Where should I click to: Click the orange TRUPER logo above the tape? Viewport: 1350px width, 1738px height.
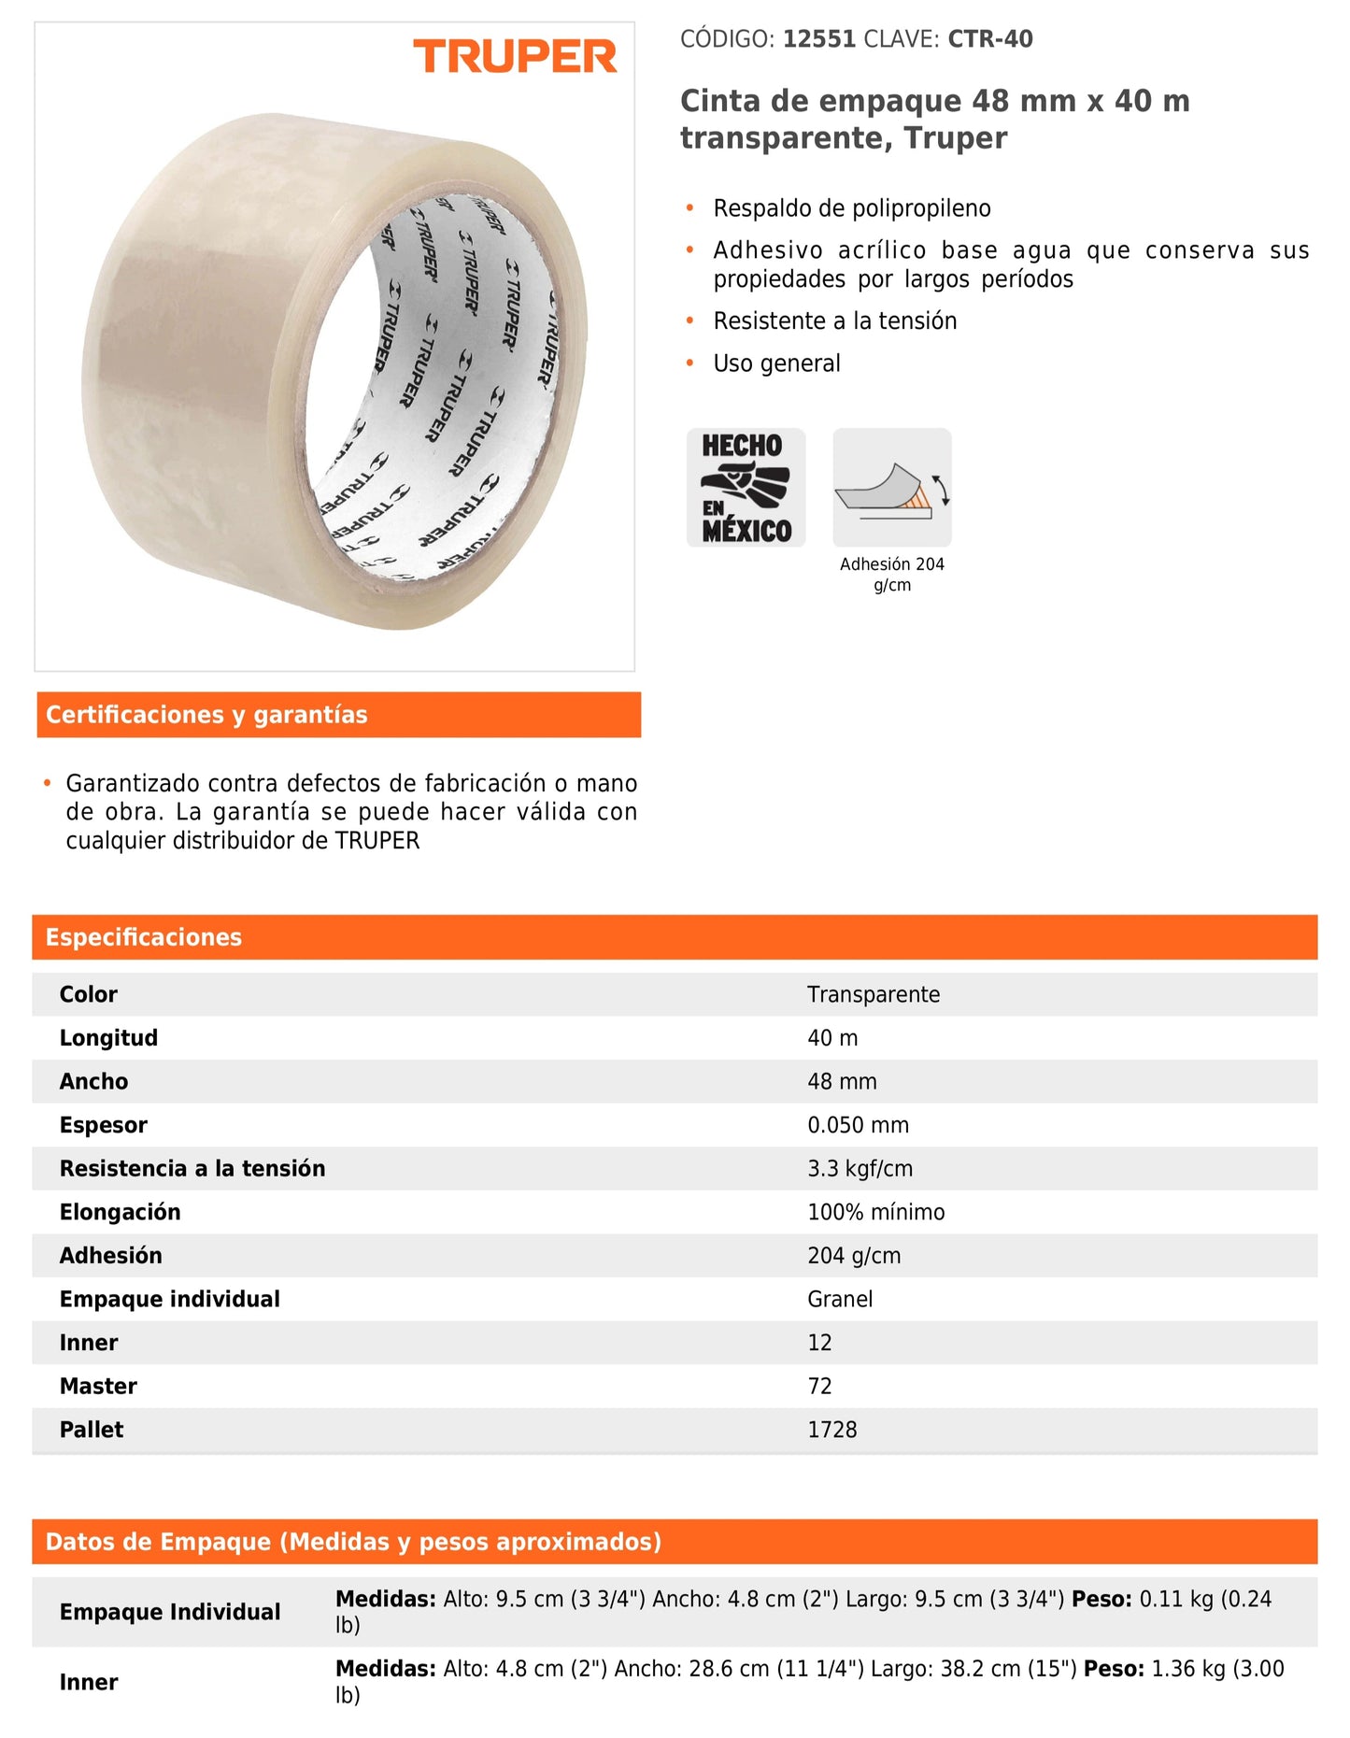pyautogui.click(x=515, y=56)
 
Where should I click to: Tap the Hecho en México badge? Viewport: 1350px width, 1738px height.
pyautogui.click(x=746, y=488)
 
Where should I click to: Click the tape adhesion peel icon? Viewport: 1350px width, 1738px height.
pyautogui.click(x=892, y=488)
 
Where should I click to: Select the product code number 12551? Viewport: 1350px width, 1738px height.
pyautogui.click(x=818, y=39)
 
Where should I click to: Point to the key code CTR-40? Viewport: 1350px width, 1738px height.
pyautogui.click(x=990, y=39)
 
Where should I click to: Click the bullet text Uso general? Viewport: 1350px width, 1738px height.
pyautogui.click(x=776, y=363)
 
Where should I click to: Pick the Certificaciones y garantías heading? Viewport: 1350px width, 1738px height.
pyautogui.click(x=206, y=715)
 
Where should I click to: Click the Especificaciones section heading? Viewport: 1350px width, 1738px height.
pyautogui.click(x=144, y=937)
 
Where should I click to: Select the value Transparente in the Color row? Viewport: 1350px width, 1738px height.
pyautogui.click(x=874, y=994)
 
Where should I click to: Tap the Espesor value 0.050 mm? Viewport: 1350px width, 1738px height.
pyautogui.click(x=858, y=1125)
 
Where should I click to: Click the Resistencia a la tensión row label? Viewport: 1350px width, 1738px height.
pyautogui.click(x=192, y=1168)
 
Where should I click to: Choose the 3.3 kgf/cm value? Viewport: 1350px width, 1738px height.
pyautogui.click(x=860, y=1168)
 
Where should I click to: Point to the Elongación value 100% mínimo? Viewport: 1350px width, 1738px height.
pyautogui.click(x=875, y=1212)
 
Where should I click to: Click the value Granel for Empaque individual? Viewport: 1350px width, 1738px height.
pyautogui.click(x=840, y=1299)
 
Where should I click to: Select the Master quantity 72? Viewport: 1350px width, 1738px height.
pyautogui.click(x=819, y=1386)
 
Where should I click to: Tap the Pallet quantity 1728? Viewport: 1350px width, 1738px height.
pyautogui.click(x=831, y=1430)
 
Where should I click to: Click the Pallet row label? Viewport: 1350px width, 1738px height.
pyautogui.click(x=92, y=1430)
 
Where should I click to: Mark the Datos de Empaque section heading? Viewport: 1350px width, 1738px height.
pyautogui.click(x=353, y=1542)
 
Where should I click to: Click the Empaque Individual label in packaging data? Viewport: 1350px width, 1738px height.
pyautogui.click(x=170, y=1612)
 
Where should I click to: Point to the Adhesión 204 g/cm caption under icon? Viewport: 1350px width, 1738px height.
pyautogui.click(x=892, y=575)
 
